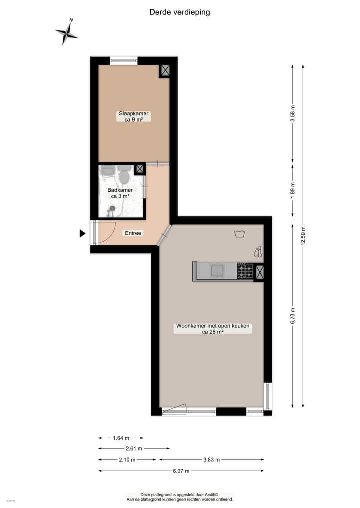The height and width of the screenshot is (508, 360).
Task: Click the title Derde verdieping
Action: coord(180,12)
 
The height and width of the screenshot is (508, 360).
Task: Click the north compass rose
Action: coord(67,33)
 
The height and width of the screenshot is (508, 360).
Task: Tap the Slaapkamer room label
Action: coord(133,116)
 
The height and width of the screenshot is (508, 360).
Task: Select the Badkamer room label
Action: coord(120,193)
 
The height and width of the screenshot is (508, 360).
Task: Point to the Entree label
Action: coord(133,233)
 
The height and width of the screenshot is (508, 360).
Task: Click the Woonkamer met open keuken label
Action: coord(212,328)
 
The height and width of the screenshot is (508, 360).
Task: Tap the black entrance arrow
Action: coord(82,233)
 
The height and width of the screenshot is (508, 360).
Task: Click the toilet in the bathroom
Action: coord(125,176)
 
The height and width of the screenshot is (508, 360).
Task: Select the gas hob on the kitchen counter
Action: coord(245,271)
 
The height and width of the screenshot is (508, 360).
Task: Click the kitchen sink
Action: coord(217,270)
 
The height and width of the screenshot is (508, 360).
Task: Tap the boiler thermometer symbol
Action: coord(258,252)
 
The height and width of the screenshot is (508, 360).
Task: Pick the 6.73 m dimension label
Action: coord(293,315)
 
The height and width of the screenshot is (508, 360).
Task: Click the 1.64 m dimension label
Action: coord(121,438)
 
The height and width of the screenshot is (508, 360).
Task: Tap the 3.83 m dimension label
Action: coord(211,460)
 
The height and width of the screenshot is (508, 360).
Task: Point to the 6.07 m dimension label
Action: coord(181,471)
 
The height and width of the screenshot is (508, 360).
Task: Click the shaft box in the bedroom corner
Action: coord(165,71)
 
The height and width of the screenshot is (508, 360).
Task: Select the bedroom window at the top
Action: coord(123,61)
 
